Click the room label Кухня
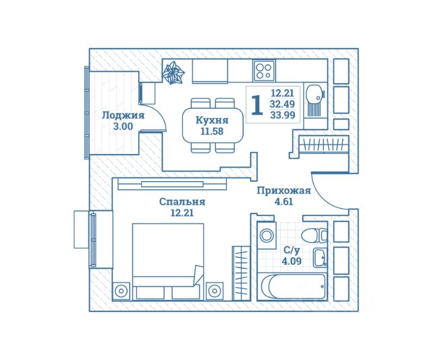[x=212, y=120]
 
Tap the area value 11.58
[x=212, y=132]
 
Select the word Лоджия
[x=123, y=115]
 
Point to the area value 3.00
[x=123, y=126]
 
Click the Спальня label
[x=182, y=202]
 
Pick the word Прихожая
[x=283, y=190]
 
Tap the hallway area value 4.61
[x=283, y=202]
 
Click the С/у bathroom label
[x=291, y=250]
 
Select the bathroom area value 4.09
[x=291, y=261]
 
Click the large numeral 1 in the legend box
[x=257, y=105]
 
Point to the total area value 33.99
[x=282, y=115]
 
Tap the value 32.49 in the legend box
[x=282, y=104]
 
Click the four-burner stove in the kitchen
[x=264, y=70]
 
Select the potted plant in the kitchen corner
[x=173, y=73]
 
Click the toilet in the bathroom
[x=315, y=236]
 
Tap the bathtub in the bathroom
[x=293, y=286]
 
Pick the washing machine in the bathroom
[x=266, y=236]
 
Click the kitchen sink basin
[x=314, y=93]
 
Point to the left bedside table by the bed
[x=121, y=291]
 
